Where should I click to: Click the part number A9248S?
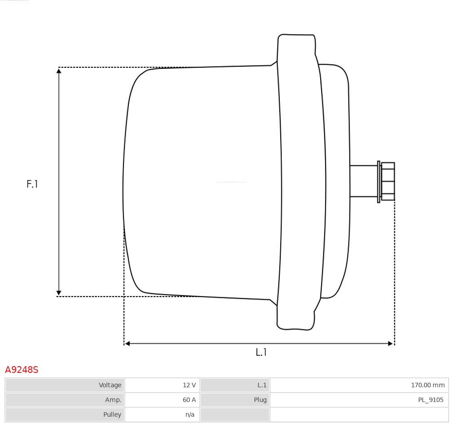click(22, 370)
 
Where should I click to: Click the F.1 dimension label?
click(32, 184)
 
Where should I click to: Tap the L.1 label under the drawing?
click(261, 352)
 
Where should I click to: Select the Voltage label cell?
click(65, 385)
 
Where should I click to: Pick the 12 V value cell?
click(162, 385)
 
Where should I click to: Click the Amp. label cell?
click(65, 400)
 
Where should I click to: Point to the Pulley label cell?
click(65, 415)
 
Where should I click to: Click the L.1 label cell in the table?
click(235, 385)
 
